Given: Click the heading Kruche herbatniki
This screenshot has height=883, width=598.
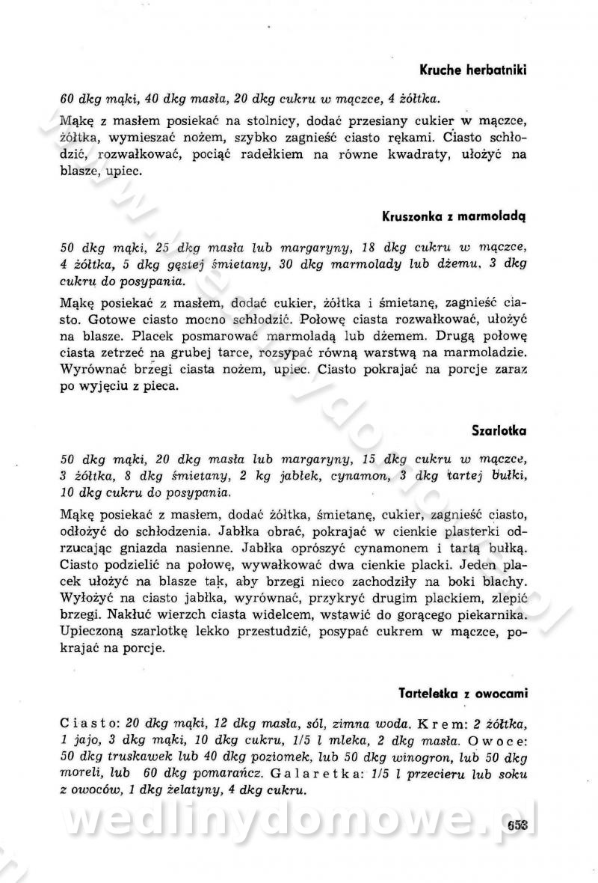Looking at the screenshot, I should (473, 70).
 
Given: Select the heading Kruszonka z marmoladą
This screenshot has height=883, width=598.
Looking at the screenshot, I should (454, 218).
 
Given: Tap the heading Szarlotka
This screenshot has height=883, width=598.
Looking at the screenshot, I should (499, 431).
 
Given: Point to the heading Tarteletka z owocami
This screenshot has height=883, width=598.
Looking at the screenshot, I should (463, 694).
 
